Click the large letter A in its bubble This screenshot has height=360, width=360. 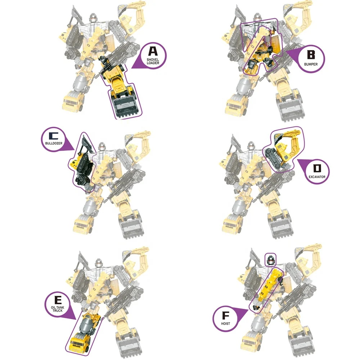153,51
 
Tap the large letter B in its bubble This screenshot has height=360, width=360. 311,55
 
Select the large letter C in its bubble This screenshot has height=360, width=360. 54,136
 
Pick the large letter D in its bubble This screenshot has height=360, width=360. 317,169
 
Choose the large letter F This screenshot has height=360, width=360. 226,316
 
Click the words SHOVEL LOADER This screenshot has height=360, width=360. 153,61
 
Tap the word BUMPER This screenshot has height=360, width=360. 311,64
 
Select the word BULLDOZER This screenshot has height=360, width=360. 54,143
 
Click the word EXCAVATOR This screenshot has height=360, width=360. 317,177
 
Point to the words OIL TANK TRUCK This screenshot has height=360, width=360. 58,309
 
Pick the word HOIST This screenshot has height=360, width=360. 225,324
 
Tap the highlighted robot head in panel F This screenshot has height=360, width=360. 270,260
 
